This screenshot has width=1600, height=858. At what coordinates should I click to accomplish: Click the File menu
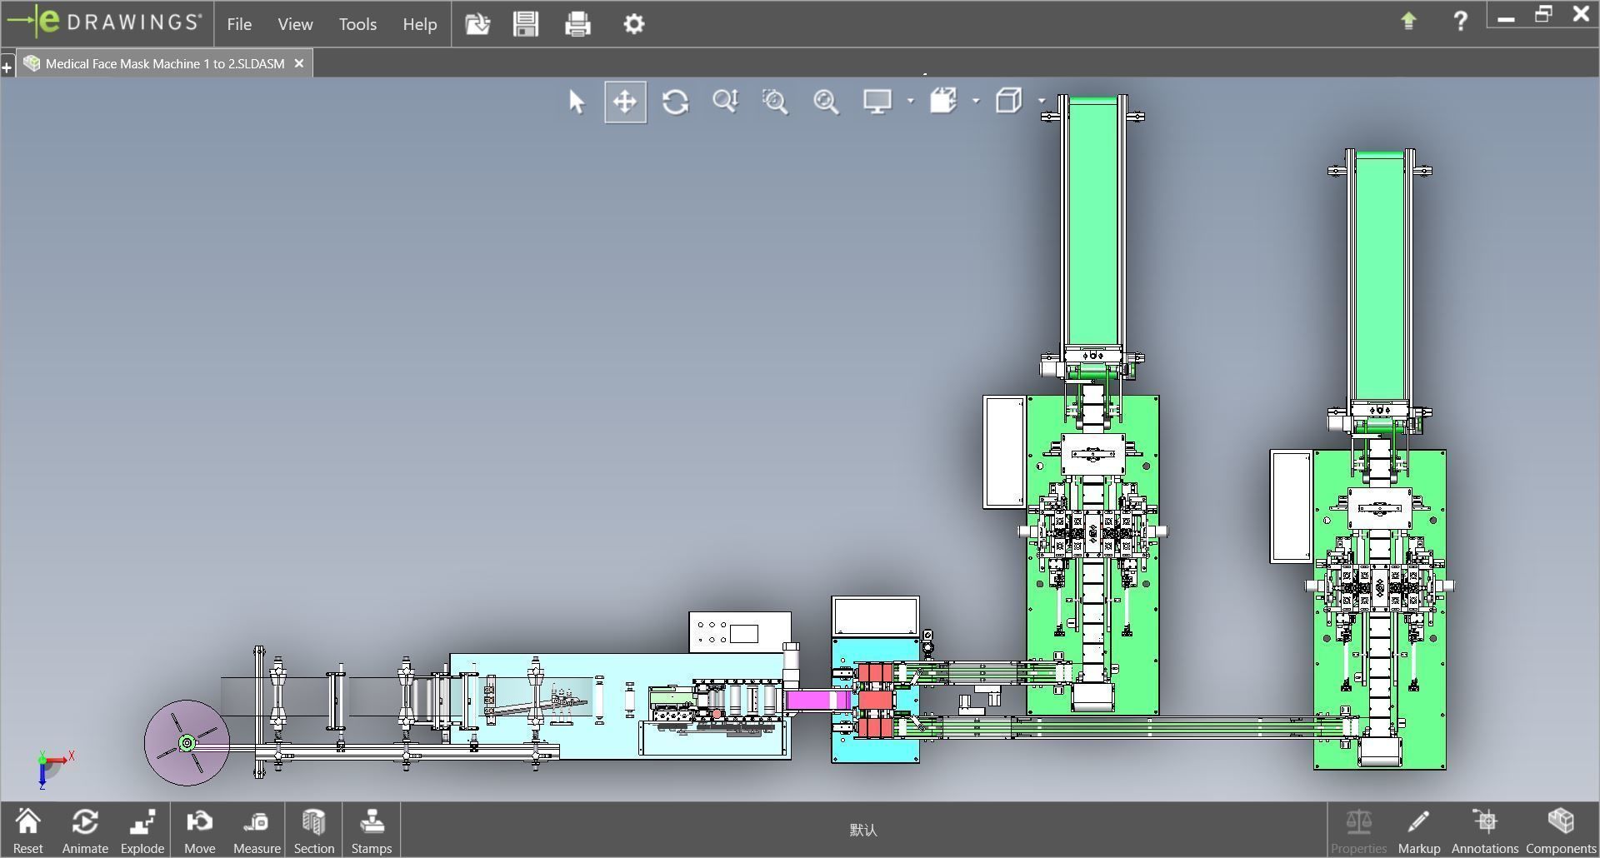click(239, 24)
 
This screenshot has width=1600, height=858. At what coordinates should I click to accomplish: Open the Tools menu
click(357, 24)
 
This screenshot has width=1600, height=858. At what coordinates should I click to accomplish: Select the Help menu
click(419, 24)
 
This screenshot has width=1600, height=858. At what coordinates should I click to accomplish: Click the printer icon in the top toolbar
click(577, 24)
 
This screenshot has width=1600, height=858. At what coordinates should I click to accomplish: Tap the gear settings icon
click(633, 24)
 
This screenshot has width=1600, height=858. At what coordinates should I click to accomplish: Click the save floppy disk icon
click(526, 24)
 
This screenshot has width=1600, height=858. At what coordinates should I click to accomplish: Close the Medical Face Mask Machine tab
click(299, 63)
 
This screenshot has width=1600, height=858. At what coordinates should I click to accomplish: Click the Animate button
click(85, 831)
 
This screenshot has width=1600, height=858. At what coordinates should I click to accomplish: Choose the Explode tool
click(142, 831)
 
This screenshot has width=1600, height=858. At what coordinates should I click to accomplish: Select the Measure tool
click(257, 831)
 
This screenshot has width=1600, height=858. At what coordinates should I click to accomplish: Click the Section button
click(313, 831)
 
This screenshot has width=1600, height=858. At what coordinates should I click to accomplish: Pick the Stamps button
click(371, 831)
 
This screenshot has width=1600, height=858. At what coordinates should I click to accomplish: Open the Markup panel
click(1418, 831)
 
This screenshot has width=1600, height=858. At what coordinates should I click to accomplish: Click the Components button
click(1560, 831)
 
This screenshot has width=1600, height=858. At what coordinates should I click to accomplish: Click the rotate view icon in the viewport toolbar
click(675, 102)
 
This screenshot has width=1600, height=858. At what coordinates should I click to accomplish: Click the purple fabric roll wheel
click(187, 742)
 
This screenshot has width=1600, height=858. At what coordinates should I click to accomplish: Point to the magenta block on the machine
click(817, 700)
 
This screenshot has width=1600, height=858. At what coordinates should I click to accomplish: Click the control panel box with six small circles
click(740, 632)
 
